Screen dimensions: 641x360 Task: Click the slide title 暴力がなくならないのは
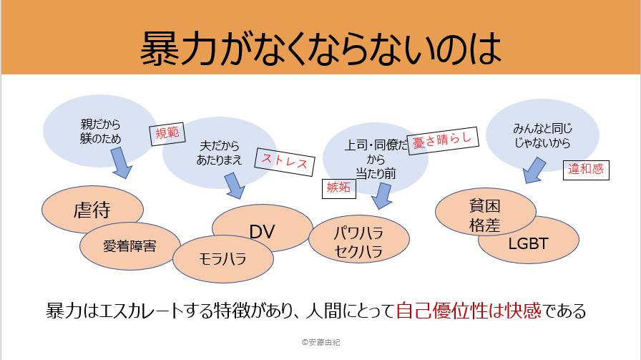click(x=321, y=49)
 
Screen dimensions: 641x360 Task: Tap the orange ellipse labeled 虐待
click(x=92, y=210)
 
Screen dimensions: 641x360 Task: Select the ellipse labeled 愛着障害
click(x=129, y=246)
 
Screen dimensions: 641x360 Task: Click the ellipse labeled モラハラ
click(x=222, y=259)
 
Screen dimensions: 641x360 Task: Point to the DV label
click(x=262, y=232)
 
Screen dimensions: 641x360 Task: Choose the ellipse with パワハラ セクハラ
click(x=359, y=239)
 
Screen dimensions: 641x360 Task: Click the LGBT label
click(x=528, y=244)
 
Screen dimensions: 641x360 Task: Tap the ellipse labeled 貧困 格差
click(x=485, y=212)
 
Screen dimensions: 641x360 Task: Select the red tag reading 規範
click(x=167, y=133)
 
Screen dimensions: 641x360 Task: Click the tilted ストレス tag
click(x=285, y=162)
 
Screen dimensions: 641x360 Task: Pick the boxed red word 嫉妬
click(x=339, y=189)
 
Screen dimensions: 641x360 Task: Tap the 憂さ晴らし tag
click(x=443, y=140)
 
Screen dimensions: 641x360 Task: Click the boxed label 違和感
click(x=586, y=170)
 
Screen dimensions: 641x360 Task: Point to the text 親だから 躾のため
click(x=100, y=131)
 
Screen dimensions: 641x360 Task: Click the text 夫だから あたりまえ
click(x=220, y=153)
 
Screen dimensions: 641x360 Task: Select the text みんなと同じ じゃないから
click(x=542, y=136)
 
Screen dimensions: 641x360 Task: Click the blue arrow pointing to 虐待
click(x=121, y=162)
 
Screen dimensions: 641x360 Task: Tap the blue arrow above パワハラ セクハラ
click(x=382, y=195)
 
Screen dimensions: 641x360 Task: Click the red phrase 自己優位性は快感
click(x=469, y=311)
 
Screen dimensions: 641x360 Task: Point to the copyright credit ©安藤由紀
click(x=321, y=342)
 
